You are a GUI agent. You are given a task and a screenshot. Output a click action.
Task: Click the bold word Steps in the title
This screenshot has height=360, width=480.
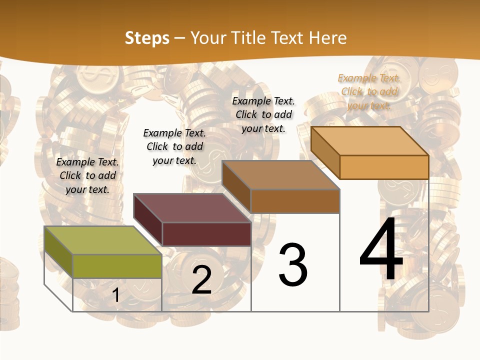coord(147,38)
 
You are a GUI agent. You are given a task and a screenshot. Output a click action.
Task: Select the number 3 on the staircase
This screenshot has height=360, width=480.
coord(292,264)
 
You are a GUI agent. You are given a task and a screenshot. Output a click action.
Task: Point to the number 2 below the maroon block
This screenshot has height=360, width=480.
coord(201,279)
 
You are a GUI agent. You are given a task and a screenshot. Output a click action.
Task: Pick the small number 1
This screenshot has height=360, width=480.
coord(116,295)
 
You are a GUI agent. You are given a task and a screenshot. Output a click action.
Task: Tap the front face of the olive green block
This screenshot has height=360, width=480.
coord(117,266)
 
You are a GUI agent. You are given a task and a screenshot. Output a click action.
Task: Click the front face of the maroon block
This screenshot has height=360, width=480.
coord(206,234)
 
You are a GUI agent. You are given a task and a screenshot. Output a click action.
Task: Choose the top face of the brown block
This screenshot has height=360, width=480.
coord(281,174)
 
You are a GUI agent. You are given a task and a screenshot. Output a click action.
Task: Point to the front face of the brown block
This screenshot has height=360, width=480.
coord(295,201)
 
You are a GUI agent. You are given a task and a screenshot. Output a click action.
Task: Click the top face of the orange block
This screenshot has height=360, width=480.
coord(370,140)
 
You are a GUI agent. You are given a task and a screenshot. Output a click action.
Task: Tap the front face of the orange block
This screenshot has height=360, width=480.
coord(384,167)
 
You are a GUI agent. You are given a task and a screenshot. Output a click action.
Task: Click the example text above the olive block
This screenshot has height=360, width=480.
coord(87,175)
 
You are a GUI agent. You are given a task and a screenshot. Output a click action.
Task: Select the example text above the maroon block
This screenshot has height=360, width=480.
coord(174,146)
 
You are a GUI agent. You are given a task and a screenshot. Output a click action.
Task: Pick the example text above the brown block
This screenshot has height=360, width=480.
coord(263,114)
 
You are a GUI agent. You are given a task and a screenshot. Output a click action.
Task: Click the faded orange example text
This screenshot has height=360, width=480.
coord(369,91)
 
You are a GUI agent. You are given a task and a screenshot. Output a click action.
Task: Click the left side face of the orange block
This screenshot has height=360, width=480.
coord(325,152)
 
